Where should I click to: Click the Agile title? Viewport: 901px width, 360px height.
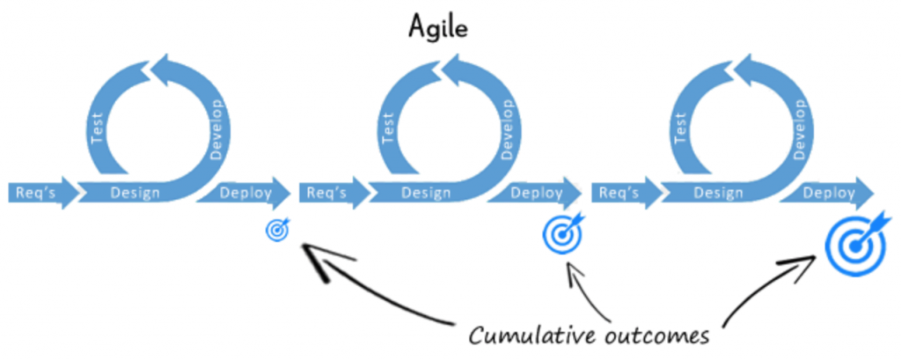click(x=437, y=27)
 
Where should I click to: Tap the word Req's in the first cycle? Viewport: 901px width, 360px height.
click(x=34, y=192)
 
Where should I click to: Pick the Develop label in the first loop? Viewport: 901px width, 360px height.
click(x=217, y=129)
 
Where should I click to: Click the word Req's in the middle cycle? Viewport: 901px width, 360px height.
click(x=326, y=192)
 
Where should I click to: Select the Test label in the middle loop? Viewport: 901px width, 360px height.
click(x=388, y=131)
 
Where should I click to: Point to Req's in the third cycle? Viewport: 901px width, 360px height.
click(x=618, y=192)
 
